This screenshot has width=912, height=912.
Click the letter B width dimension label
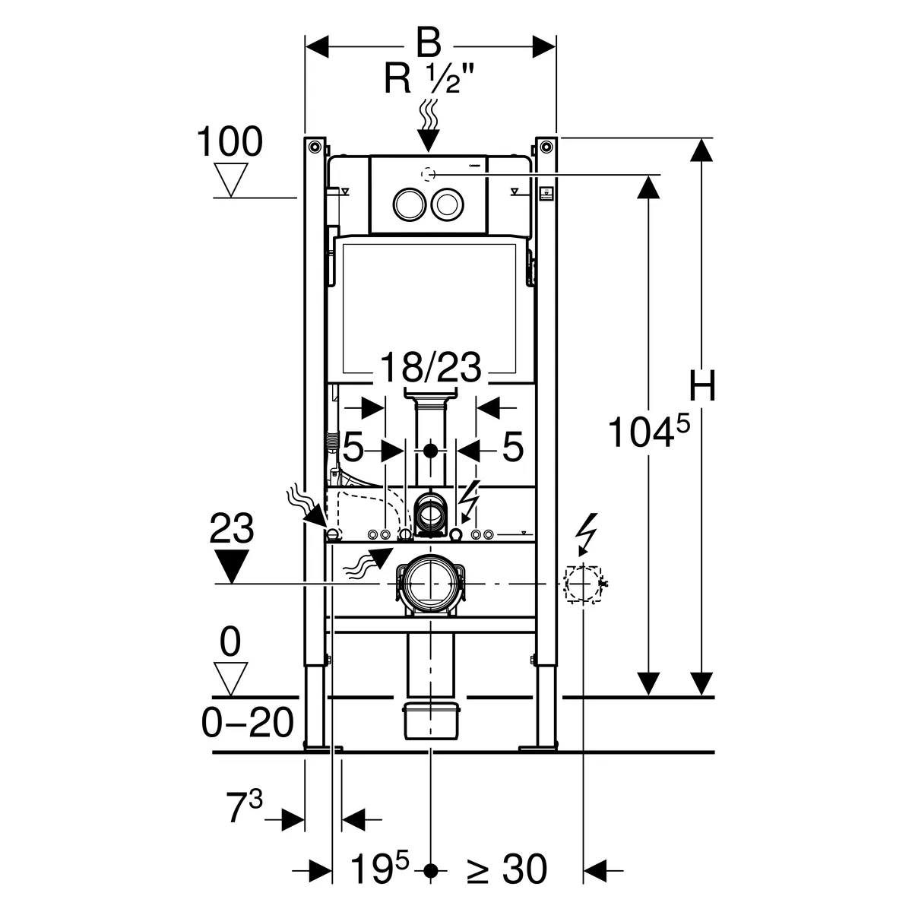(429, 43)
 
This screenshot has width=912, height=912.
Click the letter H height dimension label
(703, 386)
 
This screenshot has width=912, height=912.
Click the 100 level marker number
(230, 142)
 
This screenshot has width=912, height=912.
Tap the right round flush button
(446, 204)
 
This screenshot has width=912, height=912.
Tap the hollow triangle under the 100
(233, 179)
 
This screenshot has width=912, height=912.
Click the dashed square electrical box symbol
(583, 584)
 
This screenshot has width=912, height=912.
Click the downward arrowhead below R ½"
(429, 139)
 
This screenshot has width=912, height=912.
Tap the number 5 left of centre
(353, 448)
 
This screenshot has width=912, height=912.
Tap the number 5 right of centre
(514, 448)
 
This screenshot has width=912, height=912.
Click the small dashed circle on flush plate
(428, 174)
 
